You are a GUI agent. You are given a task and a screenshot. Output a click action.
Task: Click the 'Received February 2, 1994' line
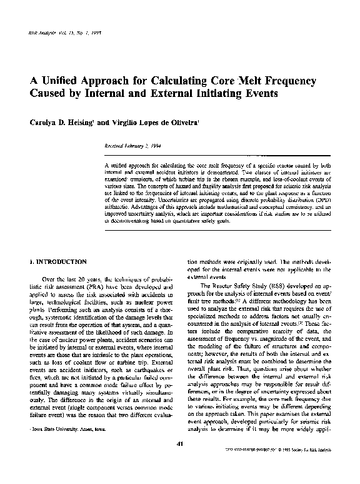136,145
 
